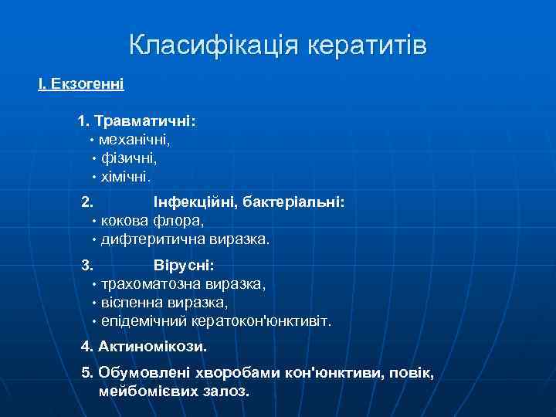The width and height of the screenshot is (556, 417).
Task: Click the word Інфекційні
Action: tap(195, 203)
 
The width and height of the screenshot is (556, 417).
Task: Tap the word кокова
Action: tap(127, 221)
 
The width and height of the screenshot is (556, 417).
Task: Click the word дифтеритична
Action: tap(151, 239)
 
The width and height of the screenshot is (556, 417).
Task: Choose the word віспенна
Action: tap(131, 303)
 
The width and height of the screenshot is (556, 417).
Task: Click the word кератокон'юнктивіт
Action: tap(265, 321)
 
